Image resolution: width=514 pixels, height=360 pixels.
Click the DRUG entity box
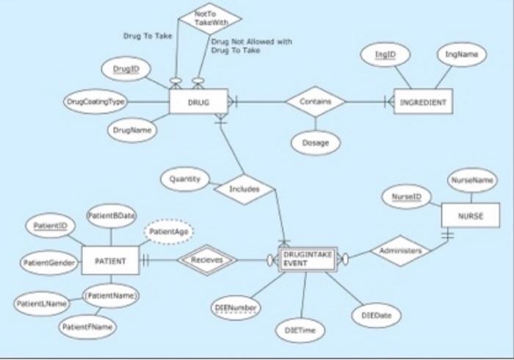(x=198, y=101)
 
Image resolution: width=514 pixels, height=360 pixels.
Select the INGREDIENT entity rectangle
(x=423, y=101)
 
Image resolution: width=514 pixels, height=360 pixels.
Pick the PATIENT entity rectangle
(x=111, y=260)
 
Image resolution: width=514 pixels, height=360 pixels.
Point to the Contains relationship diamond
(x=315, y=101)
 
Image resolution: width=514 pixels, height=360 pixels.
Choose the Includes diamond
(x=245, y=189)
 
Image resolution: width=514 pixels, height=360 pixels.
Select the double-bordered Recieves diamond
(x=208, y=259)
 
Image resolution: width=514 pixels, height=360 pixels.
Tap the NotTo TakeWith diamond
(x=211, y=19)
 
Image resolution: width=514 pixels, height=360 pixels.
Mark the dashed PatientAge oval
(x=168, y=232)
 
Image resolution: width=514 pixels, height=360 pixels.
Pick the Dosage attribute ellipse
(x=315, y=143)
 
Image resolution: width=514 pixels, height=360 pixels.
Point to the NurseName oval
(x=471, y=179)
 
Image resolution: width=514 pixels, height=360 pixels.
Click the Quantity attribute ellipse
(x=185, y=179)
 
